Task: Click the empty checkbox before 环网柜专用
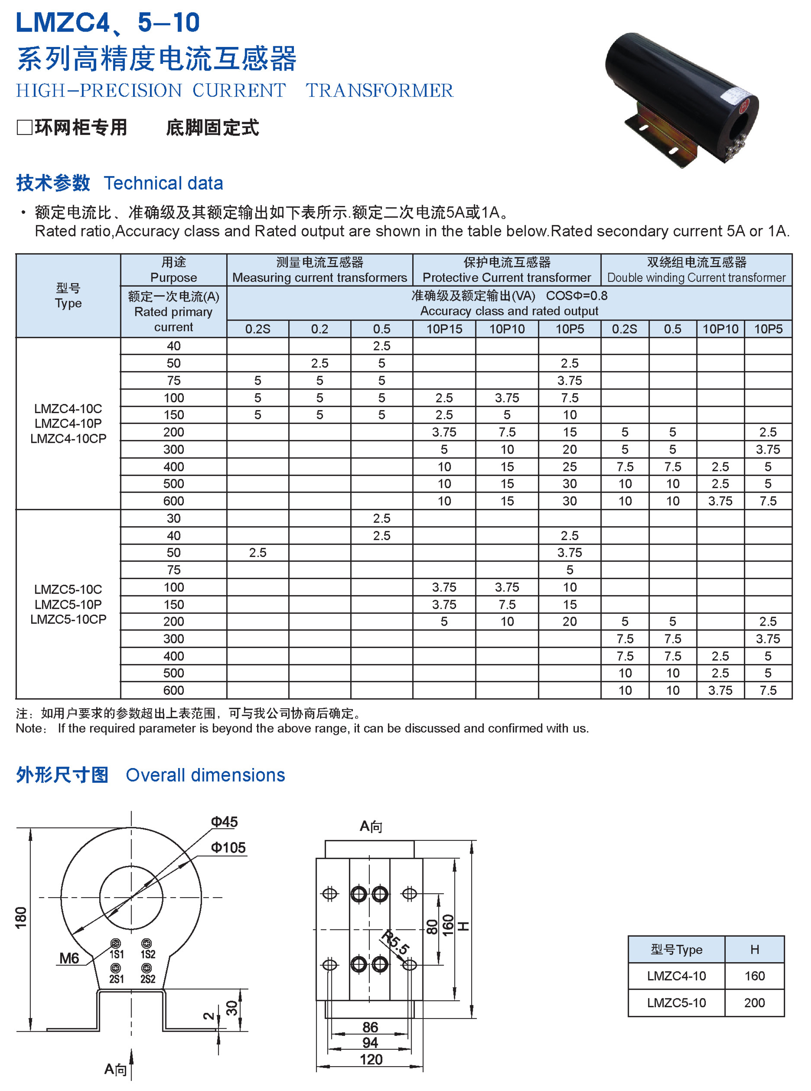pos(24,128)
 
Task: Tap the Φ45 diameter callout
pos(224,822)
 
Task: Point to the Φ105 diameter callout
pos(228,848)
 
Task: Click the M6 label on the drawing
pos(69,958)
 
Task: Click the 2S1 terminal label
pos(117,979)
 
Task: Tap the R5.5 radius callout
pos(395,942)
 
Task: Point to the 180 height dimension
pos(21,917)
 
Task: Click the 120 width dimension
pos(371,1059)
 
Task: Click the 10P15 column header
pos(444,329)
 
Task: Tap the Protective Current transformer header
pos(507,278)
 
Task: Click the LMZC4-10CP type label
pos(68,439)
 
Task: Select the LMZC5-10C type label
pos(68,589)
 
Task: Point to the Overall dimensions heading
pos(205,775)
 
